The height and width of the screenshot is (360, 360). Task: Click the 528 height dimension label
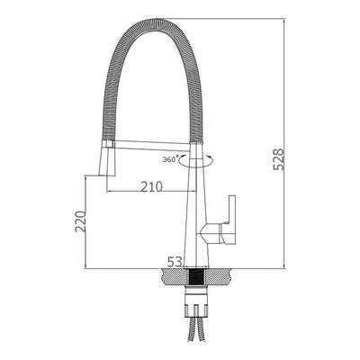279,159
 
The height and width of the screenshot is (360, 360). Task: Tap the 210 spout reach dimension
151,186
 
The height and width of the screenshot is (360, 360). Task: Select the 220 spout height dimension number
80,221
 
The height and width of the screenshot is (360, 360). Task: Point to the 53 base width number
175,262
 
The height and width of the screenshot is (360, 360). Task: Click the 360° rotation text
170,159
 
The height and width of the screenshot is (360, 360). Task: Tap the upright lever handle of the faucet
231,211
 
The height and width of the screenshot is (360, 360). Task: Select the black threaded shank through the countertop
196,277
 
